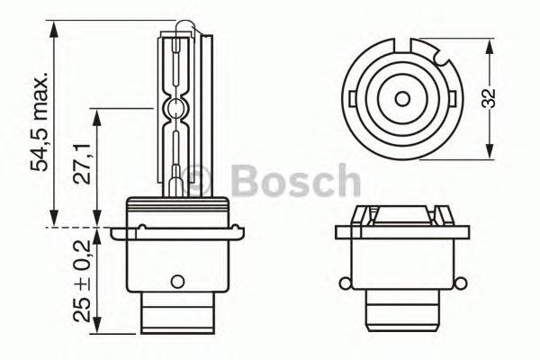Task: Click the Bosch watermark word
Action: click(x=297, y=182)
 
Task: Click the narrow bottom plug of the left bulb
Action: click(x=179, y=317)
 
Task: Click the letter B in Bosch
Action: click(x=245, y=182)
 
